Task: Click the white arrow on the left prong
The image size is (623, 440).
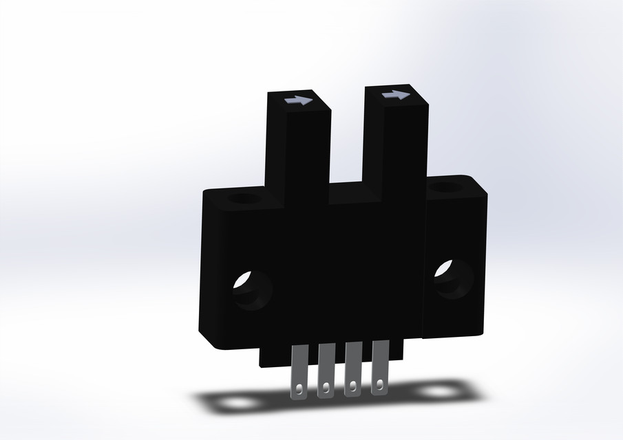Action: pos(297,100)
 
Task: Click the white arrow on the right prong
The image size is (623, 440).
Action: pos(395,96)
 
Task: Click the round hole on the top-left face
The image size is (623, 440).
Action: pos(242,199)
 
